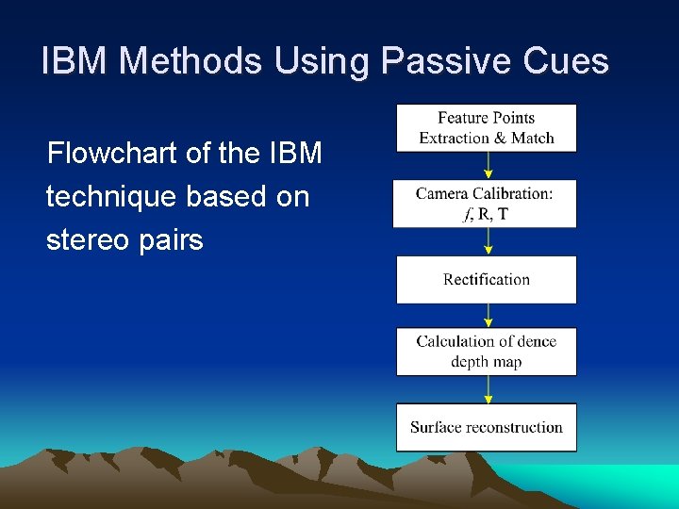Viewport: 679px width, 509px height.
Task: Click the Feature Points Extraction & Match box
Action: coord(486,128)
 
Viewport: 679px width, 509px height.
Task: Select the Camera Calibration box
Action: coord(486,203)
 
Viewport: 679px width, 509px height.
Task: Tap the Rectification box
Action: coord(486,279)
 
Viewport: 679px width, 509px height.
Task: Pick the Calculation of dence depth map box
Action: coord(486,352)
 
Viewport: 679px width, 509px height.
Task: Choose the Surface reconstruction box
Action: coord(486,427)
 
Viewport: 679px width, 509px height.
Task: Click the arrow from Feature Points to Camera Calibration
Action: coord(488,165)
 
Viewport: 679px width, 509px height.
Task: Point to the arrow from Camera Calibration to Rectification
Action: coord(488,241)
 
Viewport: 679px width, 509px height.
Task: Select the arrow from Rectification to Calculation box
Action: coord(488,316)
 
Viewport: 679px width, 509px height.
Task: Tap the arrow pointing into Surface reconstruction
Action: coord(488,389)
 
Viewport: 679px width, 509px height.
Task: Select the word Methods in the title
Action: coord(193,62)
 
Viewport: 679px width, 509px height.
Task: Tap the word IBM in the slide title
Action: coord(76,62)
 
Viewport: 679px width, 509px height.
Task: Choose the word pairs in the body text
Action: coord(173,240)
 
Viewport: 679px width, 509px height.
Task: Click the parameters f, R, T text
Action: coord(486,214)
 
